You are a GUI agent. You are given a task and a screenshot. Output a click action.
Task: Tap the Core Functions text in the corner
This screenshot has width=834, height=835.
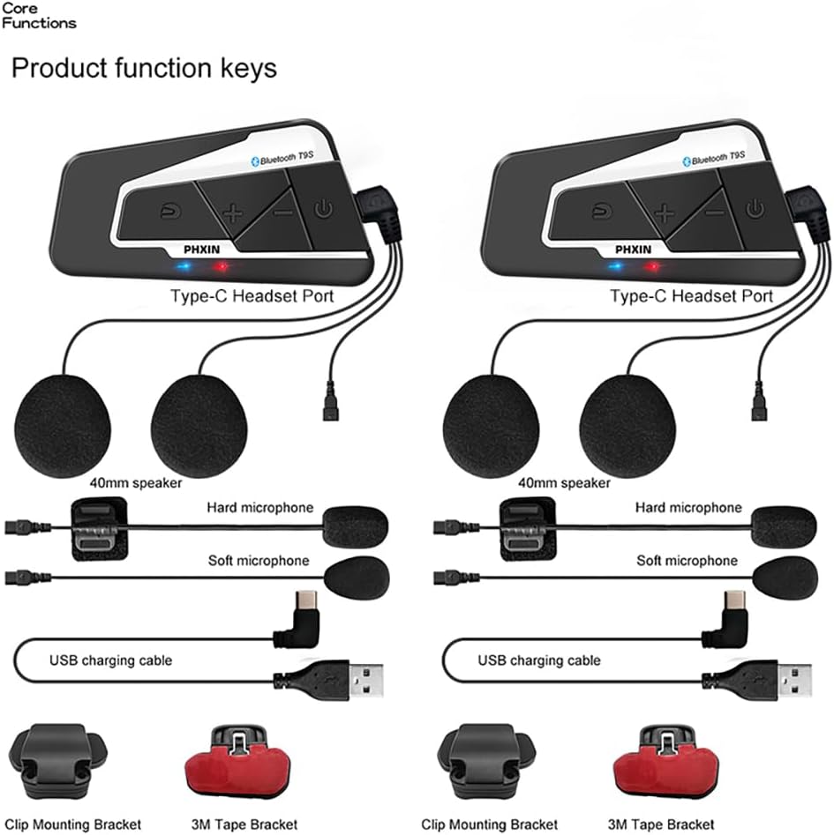tap(38, 15)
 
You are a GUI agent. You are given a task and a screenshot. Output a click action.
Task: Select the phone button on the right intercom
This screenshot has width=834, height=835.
tap(600, 210)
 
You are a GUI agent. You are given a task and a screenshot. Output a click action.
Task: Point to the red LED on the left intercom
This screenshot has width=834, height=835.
tap(222, 267)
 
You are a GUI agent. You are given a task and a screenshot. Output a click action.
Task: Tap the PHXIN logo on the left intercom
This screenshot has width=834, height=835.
tap(202, 249)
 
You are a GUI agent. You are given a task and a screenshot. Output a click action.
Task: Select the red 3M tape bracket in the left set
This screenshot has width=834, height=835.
tap(237, 759)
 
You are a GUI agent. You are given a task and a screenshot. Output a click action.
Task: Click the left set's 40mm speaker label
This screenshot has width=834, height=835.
tap(136, 483)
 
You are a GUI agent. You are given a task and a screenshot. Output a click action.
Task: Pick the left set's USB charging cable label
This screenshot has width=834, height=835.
tap(110, 660)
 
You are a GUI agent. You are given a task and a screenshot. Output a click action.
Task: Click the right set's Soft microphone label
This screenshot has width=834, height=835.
tap(687, 561)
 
